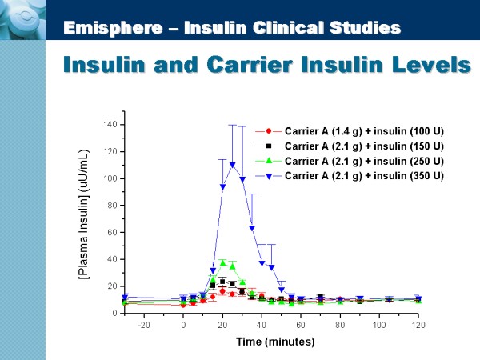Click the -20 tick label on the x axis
(144, 325)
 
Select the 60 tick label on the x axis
(301, 325)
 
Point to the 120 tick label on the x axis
(418, 325)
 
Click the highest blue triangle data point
(232, 165)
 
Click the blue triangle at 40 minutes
(262, 263)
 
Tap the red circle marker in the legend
(269, 130)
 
